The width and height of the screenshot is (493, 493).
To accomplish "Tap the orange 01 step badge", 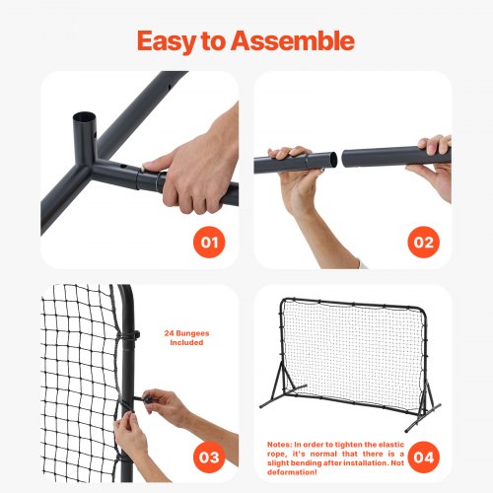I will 208,241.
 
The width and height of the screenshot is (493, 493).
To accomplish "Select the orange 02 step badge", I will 422,241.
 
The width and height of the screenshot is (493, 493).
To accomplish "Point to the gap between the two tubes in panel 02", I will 337,157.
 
